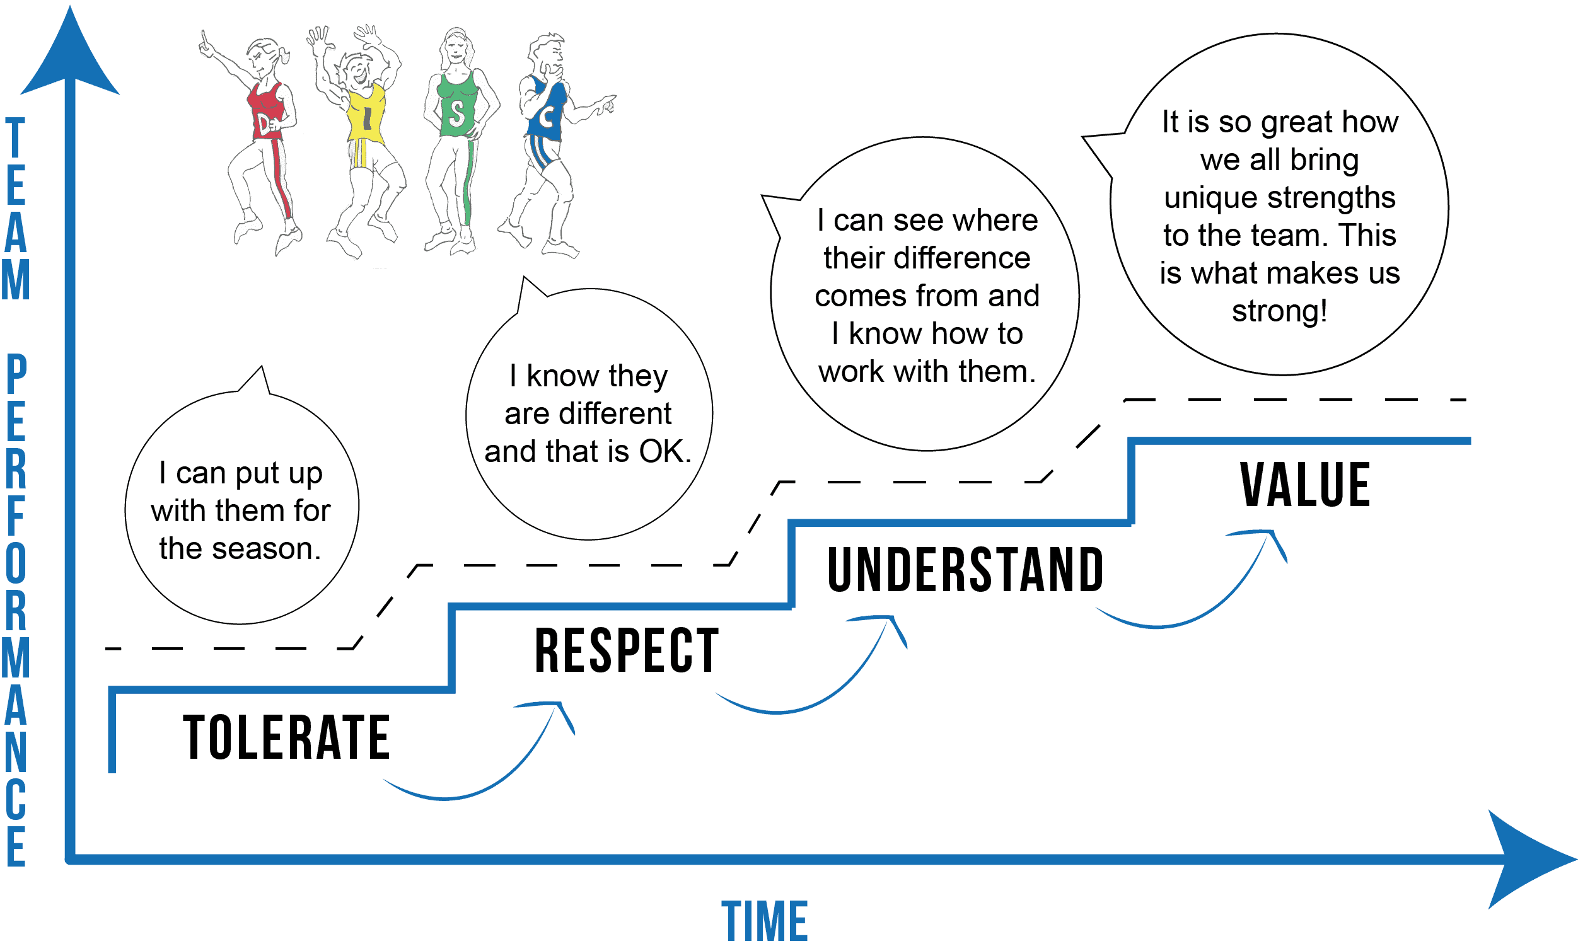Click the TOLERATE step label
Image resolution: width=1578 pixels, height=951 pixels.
pos(286,738)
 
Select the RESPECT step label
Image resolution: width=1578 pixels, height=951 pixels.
pos(627,651)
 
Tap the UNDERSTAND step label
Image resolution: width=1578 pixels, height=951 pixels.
pos(965,569)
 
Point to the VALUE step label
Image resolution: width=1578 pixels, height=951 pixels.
pos(1305,485)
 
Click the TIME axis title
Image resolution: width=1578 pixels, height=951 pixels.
pos(765,922)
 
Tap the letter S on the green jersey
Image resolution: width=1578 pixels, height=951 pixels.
pos(456,114)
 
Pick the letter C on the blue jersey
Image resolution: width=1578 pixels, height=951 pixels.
pos(547,118)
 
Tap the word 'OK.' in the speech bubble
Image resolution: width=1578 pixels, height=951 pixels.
pos(664,452)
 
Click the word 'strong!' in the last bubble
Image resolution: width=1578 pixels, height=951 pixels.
pos(1280,312)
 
